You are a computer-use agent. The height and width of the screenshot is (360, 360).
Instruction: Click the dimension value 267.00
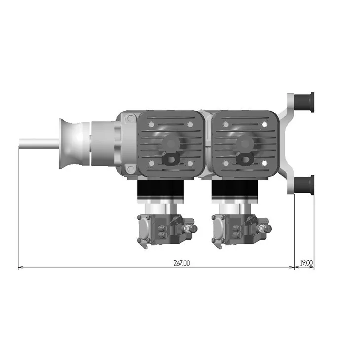pos(181,263)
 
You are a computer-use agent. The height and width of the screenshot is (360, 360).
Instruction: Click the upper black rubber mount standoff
pos(304,102)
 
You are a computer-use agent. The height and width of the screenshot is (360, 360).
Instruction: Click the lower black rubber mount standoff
pos(304,184)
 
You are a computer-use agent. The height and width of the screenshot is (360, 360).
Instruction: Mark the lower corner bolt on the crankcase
pos(129,169)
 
